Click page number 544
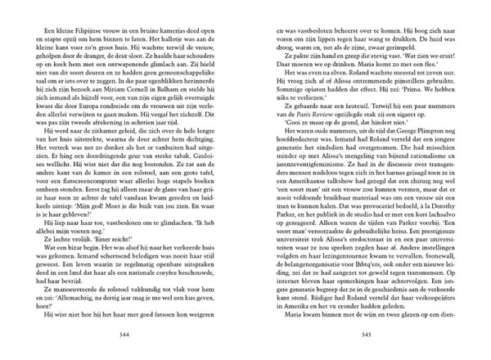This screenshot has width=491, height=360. point(125,334)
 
